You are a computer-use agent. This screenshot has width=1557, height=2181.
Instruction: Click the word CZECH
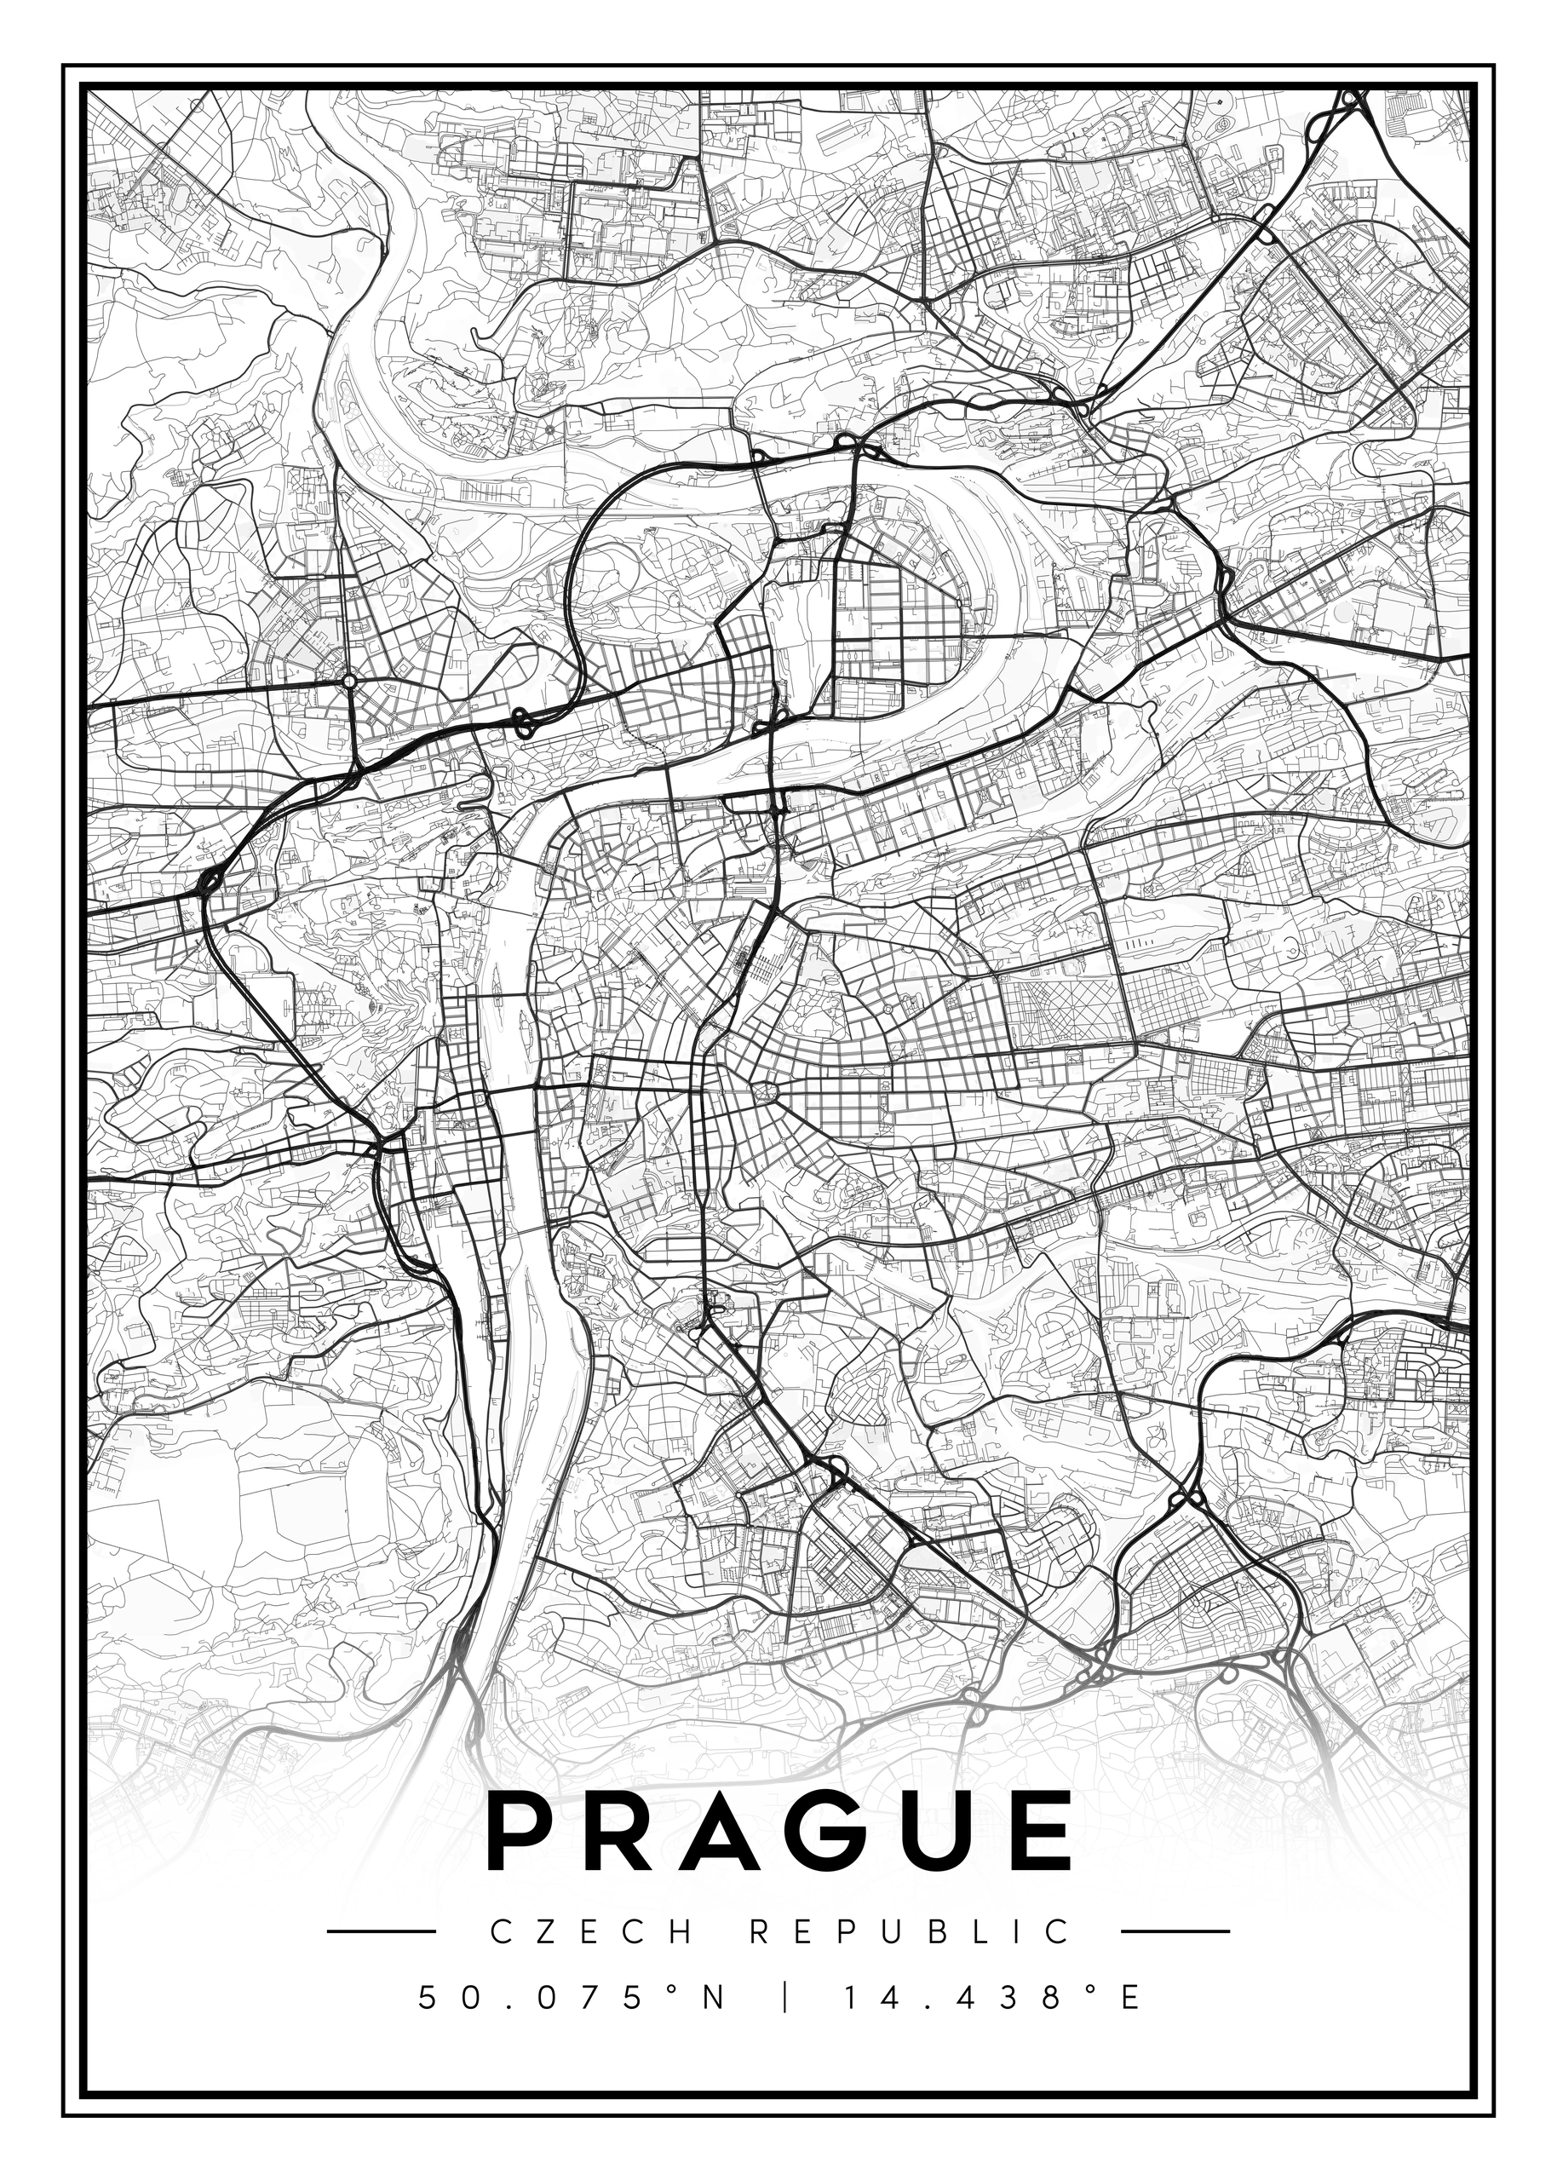point(590,1931)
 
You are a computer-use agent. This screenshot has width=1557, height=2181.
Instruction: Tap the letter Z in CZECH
point(543,1931)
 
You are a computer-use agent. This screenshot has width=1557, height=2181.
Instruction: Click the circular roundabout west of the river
point(350,680)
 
